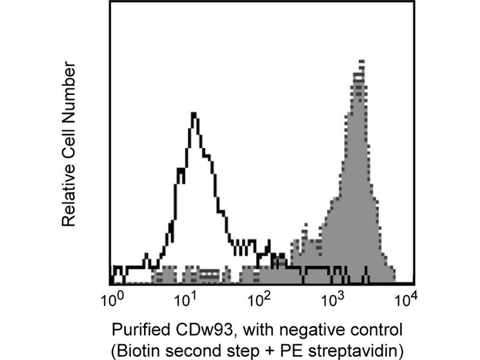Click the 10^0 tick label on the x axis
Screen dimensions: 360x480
(x=112, y=297)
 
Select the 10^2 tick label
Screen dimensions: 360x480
(x=261, y=297)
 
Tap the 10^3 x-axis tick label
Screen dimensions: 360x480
(x=335, y=297)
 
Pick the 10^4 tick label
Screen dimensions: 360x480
(x=410, y=297)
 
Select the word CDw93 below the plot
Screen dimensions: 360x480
(x=190, y=329)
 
